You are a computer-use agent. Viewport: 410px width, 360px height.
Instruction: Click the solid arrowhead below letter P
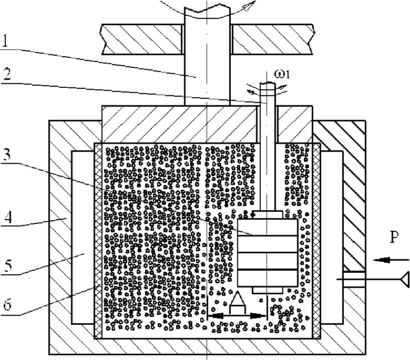coord(384,259)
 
